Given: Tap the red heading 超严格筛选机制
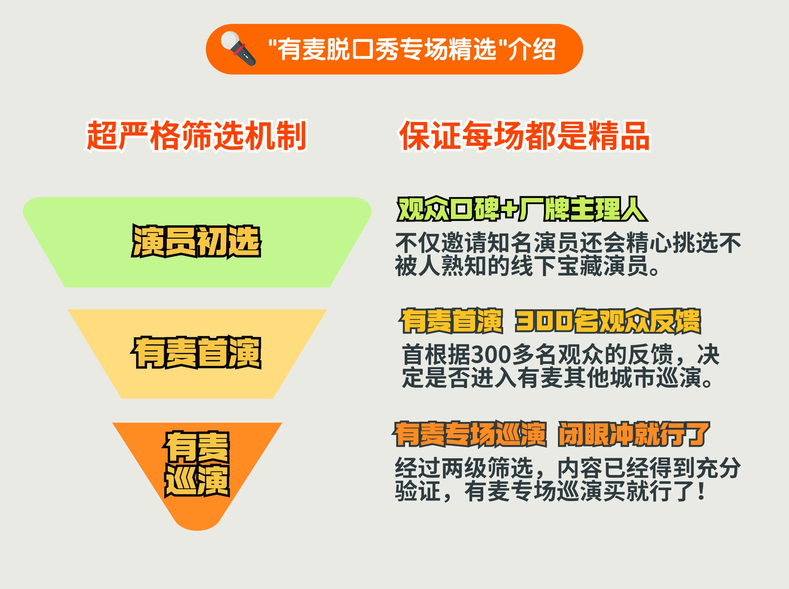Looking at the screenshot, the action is (x=196, y=136).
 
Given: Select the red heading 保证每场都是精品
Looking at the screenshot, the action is (x=525, y=136).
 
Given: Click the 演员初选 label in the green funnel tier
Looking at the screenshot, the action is (x=196, y=241).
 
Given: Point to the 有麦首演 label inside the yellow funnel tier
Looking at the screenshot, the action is (x=196, y=352).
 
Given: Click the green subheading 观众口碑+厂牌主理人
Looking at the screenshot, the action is (x=522, y=209).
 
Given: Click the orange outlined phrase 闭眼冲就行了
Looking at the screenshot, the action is (x=634, y=434).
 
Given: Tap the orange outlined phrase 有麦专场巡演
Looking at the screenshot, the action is (x=470, y=434).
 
